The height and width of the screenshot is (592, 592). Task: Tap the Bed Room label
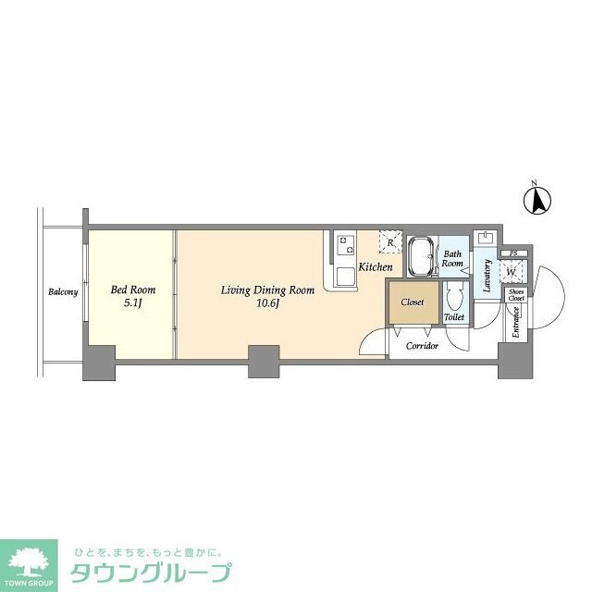133,290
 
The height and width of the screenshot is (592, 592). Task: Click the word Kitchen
376,267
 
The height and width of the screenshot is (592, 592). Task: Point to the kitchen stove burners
346,244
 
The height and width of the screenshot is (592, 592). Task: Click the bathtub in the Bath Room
423,255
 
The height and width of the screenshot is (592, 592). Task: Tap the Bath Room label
451,258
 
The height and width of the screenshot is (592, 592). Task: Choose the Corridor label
422,345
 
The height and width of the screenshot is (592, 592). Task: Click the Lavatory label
487,275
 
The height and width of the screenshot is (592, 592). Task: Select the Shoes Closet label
516,296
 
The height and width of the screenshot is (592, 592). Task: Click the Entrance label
515,323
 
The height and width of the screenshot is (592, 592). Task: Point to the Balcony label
63,292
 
